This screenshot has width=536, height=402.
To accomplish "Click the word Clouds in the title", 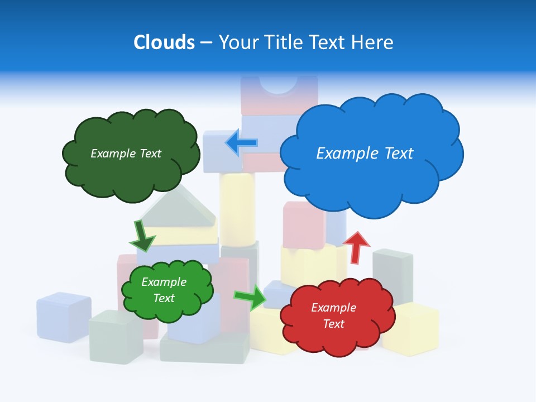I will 164,42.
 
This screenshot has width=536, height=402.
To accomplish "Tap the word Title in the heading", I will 283,42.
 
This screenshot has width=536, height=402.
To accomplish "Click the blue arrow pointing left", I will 241,143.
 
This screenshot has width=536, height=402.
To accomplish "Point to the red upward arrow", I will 356,246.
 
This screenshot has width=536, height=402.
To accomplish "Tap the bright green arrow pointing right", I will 251,297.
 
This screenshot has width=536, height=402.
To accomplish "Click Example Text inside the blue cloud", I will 365,153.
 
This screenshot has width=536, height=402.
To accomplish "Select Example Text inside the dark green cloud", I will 126,153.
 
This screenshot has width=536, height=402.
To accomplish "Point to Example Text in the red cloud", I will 333,315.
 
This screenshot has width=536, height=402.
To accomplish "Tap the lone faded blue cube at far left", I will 64,317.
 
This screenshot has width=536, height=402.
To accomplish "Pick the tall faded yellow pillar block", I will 237,208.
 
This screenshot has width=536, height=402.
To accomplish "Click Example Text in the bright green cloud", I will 164,290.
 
